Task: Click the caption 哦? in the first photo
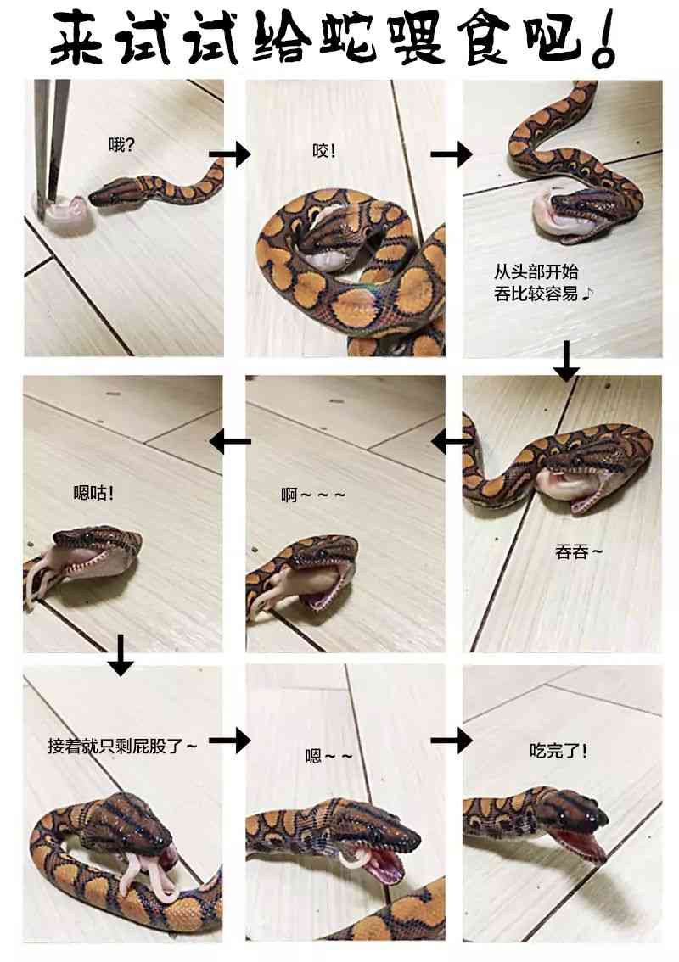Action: click(x=121, y=145)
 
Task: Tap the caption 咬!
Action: click(x=324, y=150)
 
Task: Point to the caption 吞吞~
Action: click(x=579, y=551)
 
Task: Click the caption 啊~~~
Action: click(x=313, y=495)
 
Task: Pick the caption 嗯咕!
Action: click(x=93, y=492)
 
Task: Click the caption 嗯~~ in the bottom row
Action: click(x=329, y=756)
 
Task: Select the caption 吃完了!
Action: click(x=558, y=750)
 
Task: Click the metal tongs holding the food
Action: click(x=50, y=144)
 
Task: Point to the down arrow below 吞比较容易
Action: click(x=566, y=361)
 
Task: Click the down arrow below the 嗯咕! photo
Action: click(x=121, y=655)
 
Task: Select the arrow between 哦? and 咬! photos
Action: click(x=230, y=154)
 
